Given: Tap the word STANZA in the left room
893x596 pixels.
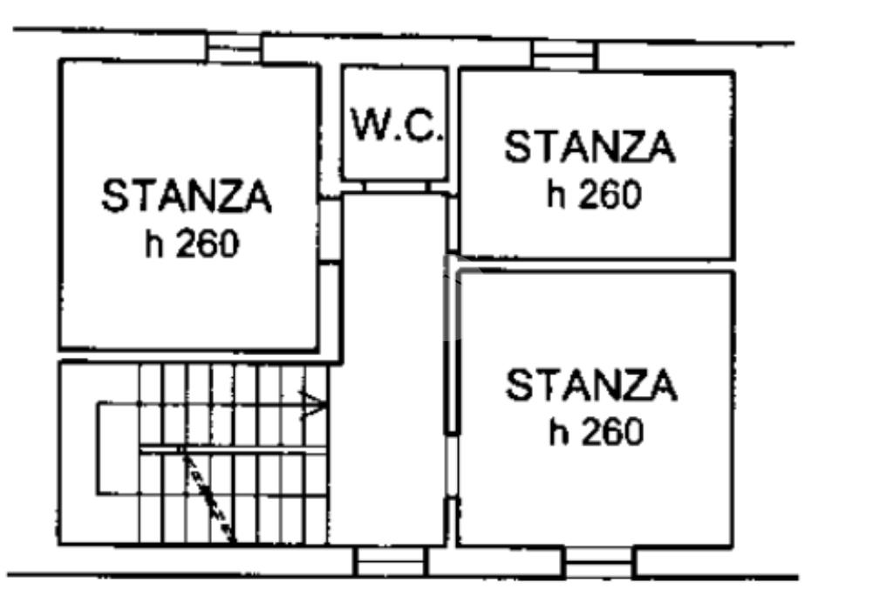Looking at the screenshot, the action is [187, 195].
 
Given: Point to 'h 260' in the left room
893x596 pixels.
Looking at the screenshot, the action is [192, 243].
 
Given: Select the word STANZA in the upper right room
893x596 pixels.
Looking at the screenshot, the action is [590, 147].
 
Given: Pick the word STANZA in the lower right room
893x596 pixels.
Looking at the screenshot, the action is [592, 385].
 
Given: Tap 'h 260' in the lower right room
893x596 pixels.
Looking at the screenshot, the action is [596, 431].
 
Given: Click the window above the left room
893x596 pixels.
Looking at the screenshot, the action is [234, 47].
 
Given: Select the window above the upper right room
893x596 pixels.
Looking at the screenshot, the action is [564, 55].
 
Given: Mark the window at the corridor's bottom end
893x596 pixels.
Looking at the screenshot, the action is [391, 561].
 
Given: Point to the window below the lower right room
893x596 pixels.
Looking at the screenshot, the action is [599, 562].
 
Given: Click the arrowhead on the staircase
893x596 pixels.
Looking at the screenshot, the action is [314, 405].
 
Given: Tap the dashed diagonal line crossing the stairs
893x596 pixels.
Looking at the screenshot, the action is [208, 495].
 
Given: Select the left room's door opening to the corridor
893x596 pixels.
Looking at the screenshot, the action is [331, 230].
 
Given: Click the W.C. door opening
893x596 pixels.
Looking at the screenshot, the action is [395, 187].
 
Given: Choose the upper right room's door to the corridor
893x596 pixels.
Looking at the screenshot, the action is [453, 224].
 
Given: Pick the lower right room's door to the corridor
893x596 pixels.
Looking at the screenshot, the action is [453, 465].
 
